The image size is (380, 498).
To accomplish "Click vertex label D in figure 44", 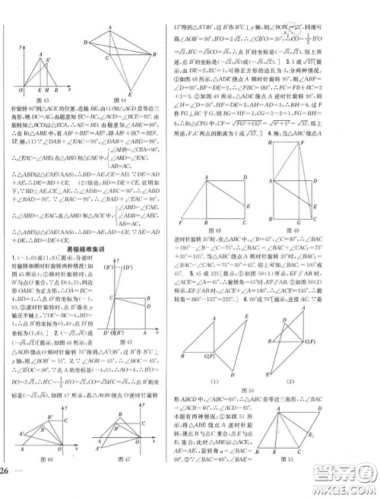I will pyautogui.click(x=85, y=42).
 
